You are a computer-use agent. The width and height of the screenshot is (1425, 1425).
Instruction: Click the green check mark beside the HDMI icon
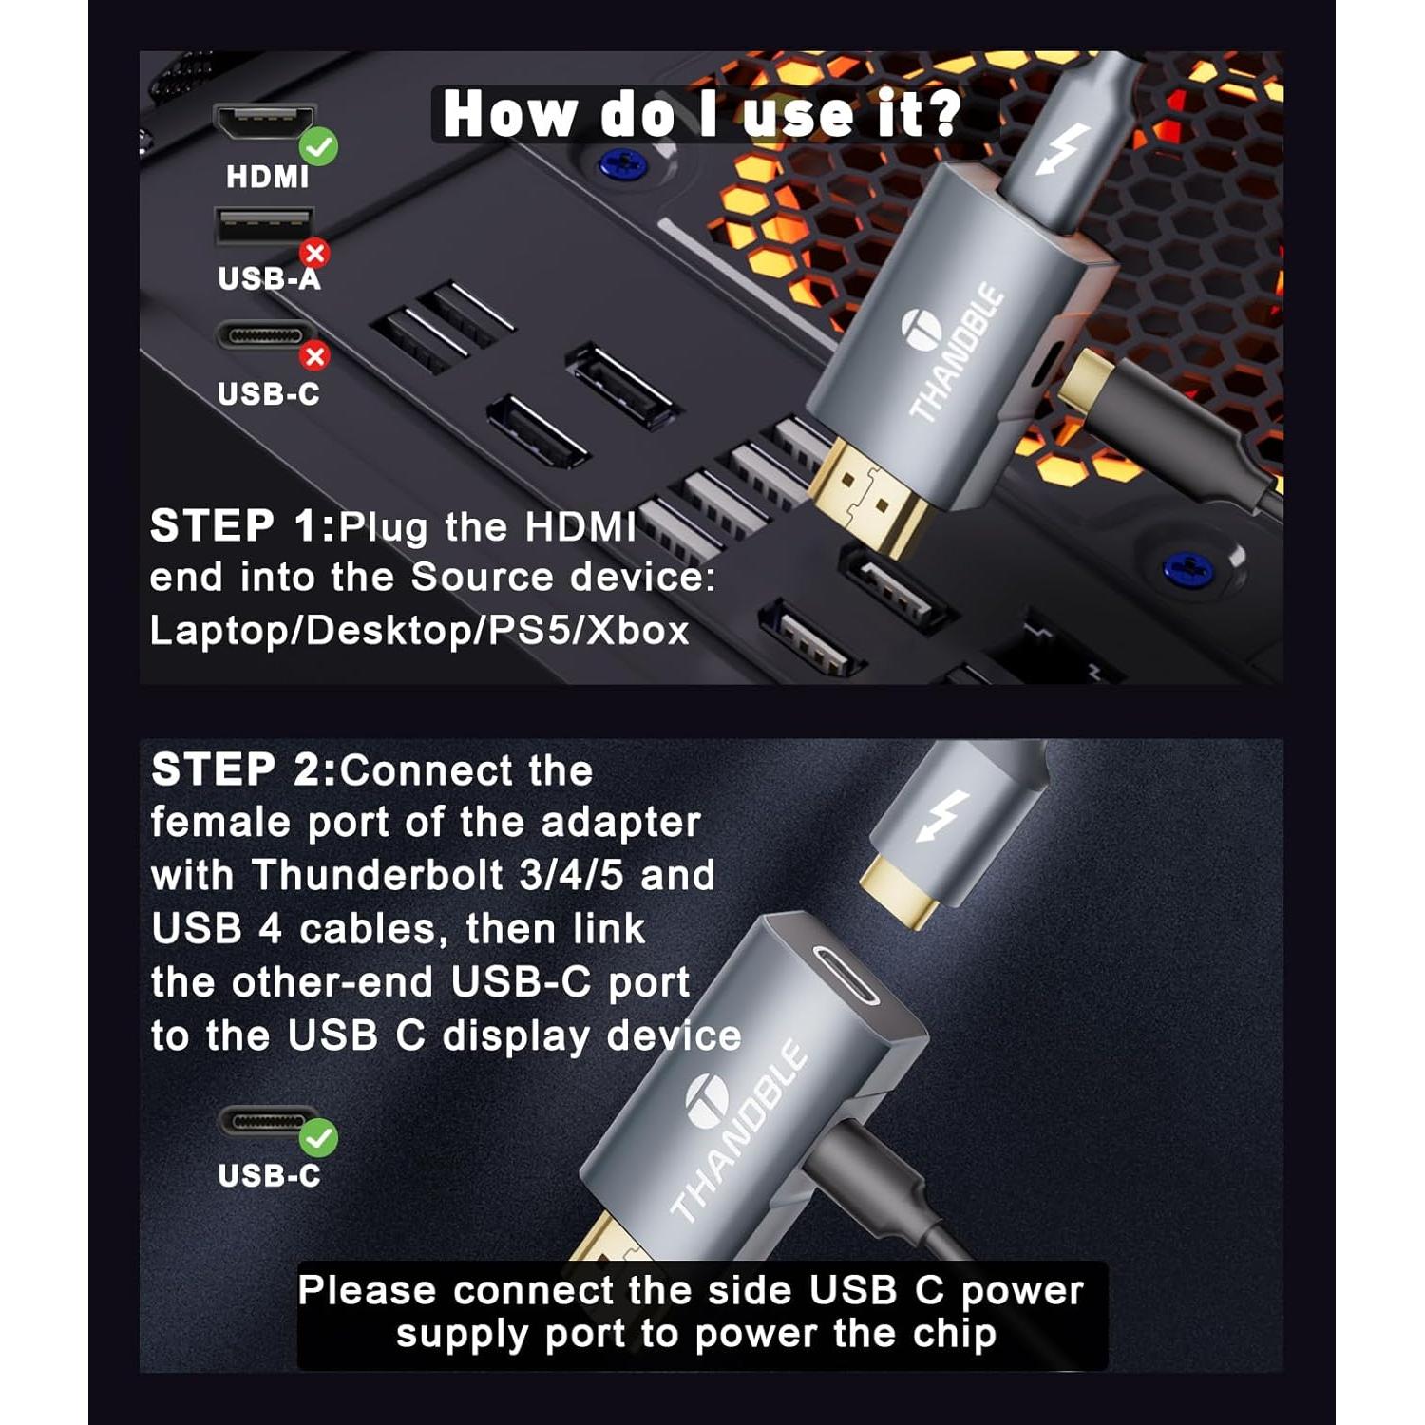pyautogui.click(x=318, y=146)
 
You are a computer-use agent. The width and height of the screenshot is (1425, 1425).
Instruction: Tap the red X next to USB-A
pyautogui.click(x=314, y=253)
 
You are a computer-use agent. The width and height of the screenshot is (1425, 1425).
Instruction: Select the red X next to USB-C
pyautogui.click(x=314, y=356)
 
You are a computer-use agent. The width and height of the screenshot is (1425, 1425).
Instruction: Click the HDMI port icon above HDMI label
pyautogui.click(x=263, y=123)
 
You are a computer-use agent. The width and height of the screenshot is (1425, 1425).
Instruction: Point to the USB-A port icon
pyautogui.click(x=263, y=227)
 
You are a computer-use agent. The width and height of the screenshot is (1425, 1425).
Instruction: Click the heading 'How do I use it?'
pyautogui.click(x=702, y=114)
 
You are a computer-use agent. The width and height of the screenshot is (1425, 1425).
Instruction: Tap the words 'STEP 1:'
pyautogui.click(x=243, y=526)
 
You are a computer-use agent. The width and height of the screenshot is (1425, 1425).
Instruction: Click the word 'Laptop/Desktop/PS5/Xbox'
pyautogui.click(x=419, y=631)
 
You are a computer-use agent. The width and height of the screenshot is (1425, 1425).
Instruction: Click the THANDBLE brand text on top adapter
pyautogui.click(x=958, y=351)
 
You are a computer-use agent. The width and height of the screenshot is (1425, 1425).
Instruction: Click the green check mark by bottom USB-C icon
pyautogui.click(x=318, y=1136)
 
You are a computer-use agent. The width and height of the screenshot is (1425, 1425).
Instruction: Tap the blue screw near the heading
pyautogui.click(x=622, y=165)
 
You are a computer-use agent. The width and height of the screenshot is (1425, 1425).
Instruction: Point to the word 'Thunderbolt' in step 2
pyautogui.click(x=376, y=876)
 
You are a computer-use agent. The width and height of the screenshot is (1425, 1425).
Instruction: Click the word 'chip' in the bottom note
pyautogui.click(x=955, y=1334)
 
